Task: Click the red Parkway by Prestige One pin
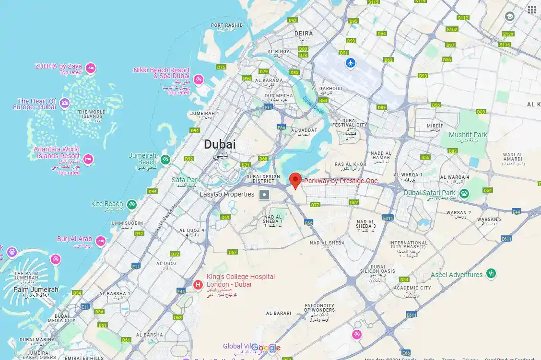296,180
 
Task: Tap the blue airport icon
352,63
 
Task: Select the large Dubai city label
220,144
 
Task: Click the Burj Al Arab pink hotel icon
100,240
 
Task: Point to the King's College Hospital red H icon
197,285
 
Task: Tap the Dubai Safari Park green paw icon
464,194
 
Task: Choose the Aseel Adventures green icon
491,274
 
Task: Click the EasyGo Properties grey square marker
264,195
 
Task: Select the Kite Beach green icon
131,205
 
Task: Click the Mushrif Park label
468,135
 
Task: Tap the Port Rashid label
227,25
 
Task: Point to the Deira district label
304,34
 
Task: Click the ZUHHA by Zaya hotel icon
90,69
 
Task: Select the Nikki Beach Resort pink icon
199,79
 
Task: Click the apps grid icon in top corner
531,10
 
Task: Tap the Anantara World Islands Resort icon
88,159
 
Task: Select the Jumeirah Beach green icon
165,159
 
